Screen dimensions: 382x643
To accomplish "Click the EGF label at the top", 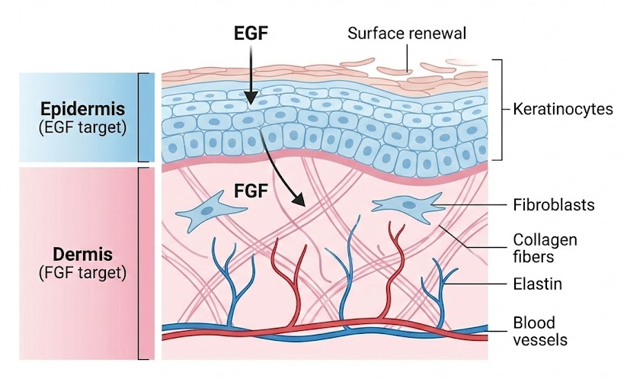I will tap(251, 34).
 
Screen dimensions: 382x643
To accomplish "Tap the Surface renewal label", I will tap(406, 34).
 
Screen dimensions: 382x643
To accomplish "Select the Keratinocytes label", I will tap(562, 110).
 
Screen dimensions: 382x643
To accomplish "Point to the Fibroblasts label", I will tap(553, 205).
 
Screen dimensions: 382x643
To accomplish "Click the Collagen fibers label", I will tap(545, 249).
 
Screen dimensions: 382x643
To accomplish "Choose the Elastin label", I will tap(537, 284).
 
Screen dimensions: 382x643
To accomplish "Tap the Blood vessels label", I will tap(540, 331).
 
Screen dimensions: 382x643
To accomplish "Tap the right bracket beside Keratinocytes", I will tap(499, 110).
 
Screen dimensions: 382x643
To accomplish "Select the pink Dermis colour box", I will tap(76, 262).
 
